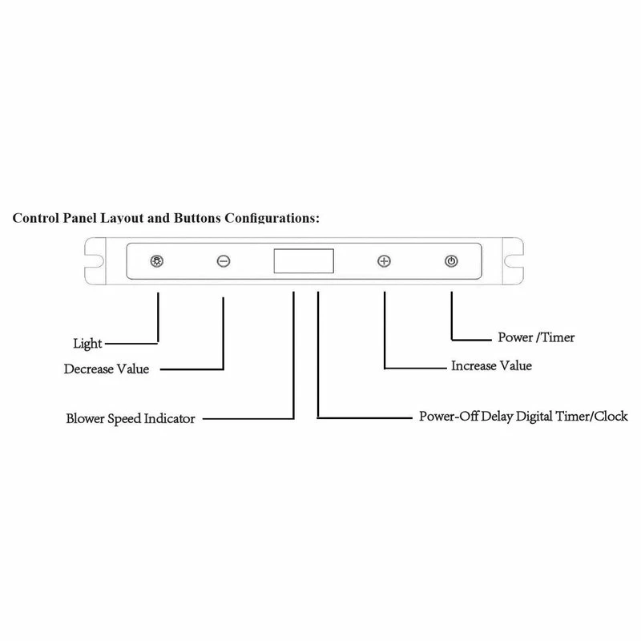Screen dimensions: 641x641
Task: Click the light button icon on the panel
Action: click(157, 262)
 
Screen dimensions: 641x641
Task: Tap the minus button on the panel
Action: click(224, 262)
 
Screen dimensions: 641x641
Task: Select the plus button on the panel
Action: click(385, 262)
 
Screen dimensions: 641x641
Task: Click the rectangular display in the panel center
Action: click(303, 262)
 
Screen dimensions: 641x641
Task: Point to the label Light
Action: click(87, 344)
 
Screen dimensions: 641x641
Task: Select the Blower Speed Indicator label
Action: click(130, 418)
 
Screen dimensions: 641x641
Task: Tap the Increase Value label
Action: click(492, 366)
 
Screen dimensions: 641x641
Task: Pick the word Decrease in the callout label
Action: click(90, 369)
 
